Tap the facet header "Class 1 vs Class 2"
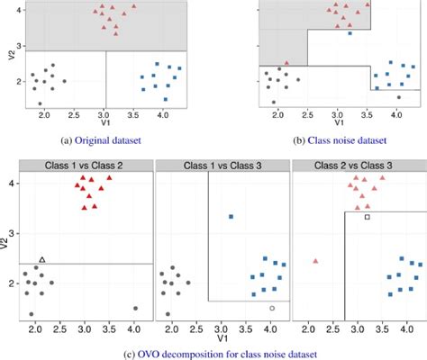[x=86, y=165]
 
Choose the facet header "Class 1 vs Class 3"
[x=223, y=165]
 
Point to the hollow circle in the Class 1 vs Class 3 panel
[x=272, y=308]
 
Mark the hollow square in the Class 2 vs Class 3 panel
[x=367, y=217]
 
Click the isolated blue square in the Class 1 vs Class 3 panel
[x=231, y=217]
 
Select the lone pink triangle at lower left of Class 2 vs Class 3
[x=315, y=261]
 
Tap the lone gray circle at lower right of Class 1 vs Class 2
[x=135, y=308]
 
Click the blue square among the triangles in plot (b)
[x=350, y=33]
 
